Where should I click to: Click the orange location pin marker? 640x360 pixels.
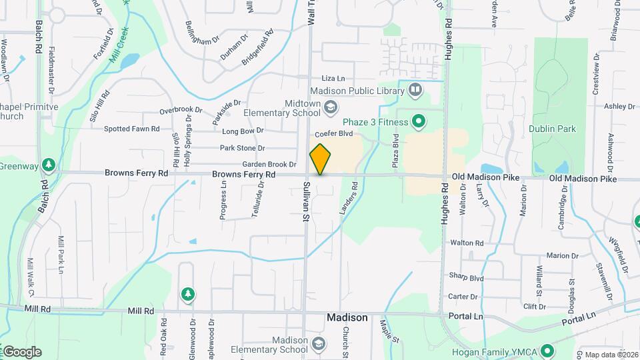[320, 159]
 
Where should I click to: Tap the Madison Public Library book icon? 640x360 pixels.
[416, 90]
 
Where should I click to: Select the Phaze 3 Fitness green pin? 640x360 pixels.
[419, 121]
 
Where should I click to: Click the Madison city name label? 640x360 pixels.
[347, 318]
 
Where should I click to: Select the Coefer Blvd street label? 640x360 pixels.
[333, 133]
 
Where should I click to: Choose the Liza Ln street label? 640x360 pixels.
[333, 78]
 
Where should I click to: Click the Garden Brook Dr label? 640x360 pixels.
[269, 164]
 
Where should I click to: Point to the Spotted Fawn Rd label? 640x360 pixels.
[131, 129]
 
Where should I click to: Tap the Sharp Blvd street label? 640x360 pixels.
[465, 277]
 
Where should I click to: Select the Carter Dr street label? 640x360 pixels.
[463, 297]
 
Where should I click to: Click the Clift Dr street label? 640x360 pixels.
[535, 307]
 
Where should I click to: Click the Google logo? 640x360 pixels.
[22, 352]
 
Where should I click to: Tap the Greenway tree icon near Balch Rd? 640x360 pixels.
[47, 164]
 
